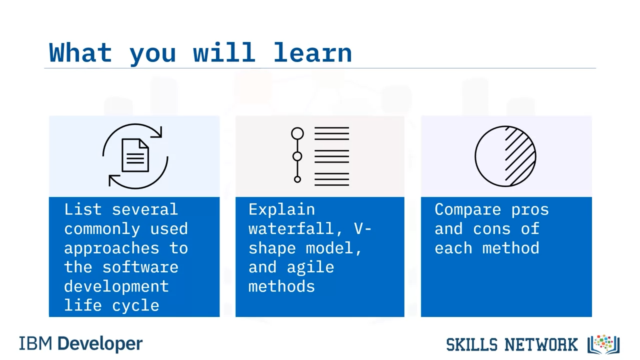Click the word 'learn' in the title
pyautogui.click(x=312, y=52)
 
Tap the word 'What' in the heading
pyautogui.click(x=80, y=52)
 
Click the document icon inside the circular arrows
pyautogui.click(x=135, y=155)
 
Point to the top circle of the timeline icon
pyautogui.click(x=297, y=133)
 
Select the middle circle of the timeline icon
pyautogui.click(x=297, y=156)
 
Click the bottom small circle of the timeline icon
pyautogui.click(x=297, y=179)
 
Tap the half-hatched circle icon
pyautogui.click(x=505, y=156)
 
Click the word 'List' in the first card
pyautogui.click(x=83, y=209)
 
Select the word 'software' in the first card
pyautogui.click(x=140, y=267)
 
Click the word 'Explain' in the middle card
pyautogui.click(x=281, y=209)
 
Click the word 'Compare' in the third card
pyautogui.click(x=467, y=210)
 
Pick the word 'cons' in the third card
pyautogui.click(x=491, y=229)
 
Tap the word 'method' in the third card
pyautogui.click(x=511, y=247)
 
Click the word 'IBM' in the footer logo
pyautogui.click(x=35, y=343)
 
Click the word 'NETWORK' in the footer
pyautogui.click(x=541, y=344)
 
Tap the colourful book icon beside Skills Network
pyautogui.click(x=603, y=344)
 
